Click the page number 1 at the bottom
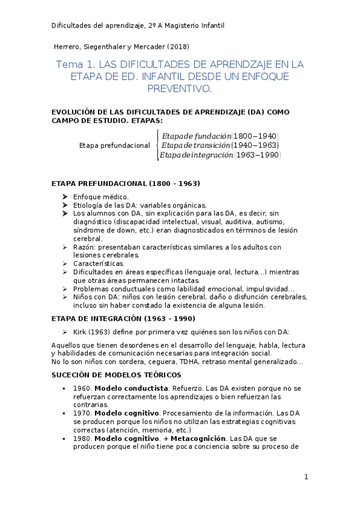click(x=306, y=477)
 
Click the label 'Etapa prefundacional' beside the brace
click(x=115, y=146)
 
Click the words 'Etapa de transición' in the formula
click(x=196, y=146)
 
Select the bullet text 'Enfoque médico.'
click(x=100, y=197)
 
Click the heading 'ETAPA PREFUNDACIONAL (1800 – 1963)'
click(x=126, y=183)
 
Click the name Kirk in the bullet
click(x=81, y=331)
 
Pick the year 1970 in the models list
click(x=82, y=413)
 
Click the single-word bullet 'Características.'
click(x=99, y=263)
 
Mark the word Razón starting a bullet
click(x=83, y=247)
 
